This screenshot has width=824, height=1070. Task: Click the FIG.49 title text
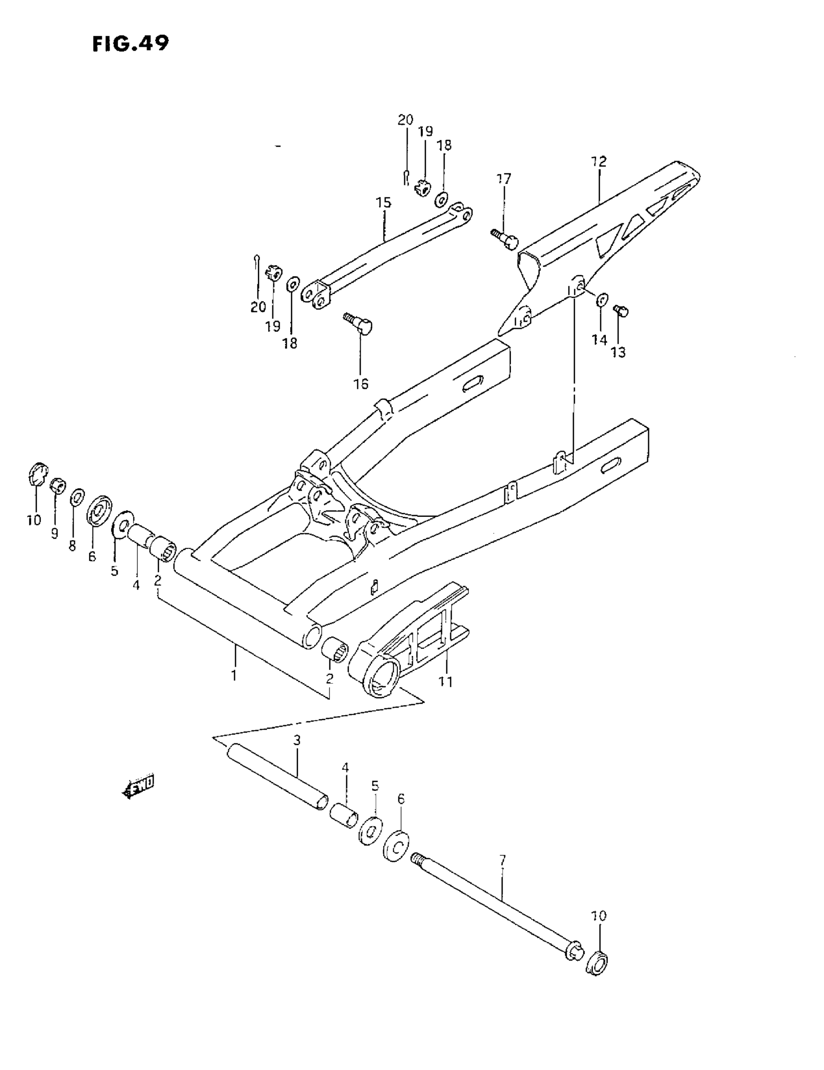[130, 44]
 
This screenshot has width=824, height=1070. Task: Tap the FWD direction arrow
[138, 783]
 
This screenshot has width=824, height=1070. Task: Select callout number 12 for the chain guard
[599, 161]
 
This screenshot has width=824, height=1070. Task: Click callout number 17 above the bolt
[504, 179]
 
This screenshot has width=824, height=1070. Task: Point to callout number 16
[361, 383]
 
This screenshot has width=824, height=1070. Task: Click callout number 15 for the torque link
[383, 202]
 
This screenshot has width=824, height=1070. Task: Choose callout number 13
[618, 352]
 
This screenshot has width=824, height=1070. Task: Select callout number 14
[599, 339]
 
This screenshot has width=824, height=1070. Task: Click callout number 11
[445, 681]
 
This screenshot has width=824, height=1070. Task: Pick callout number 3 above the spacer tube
[296, 740]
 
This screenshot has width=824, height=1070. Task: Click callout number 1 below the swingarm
[234, 675]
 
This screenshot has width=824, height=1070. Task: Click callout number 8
[73, 545]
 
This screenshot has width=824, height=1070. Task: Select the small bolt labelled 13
[621, 310]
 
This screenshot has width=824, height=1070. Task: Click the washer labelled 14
[602, 299]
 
